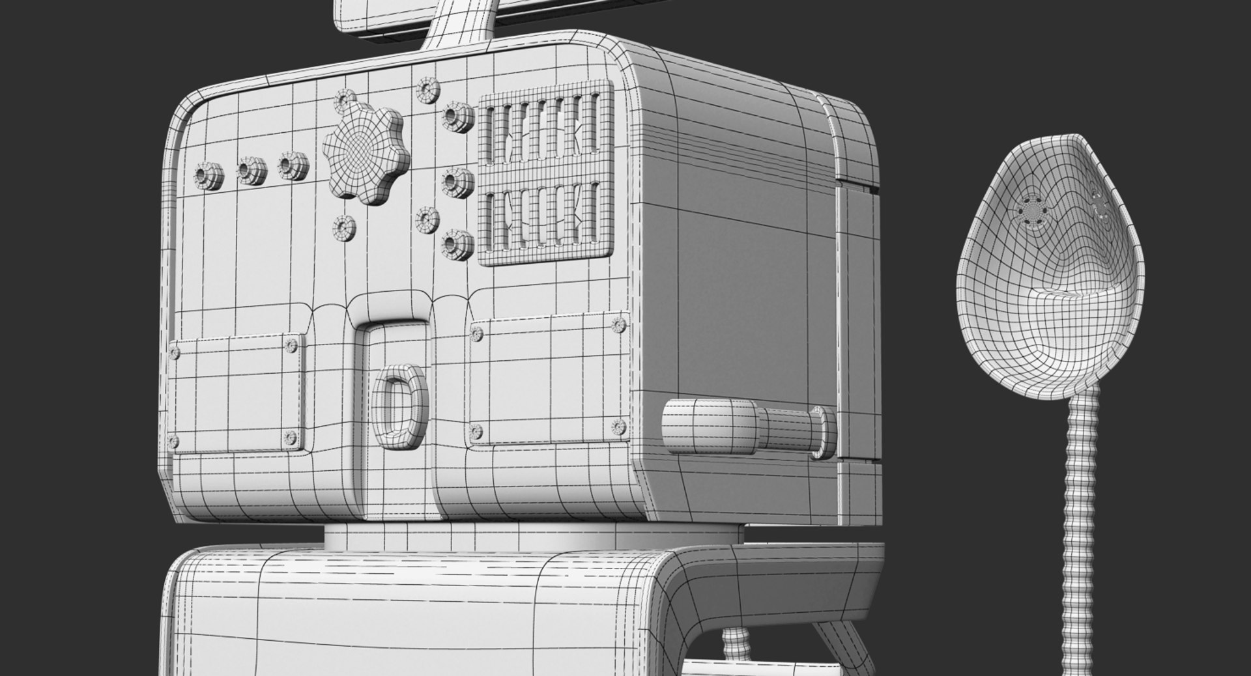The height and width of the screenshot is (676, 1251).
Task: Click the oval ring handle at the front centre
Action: [x=399, y=408]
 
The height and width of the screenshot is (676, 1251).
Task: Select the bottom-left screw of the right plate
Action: [x=476, y=430]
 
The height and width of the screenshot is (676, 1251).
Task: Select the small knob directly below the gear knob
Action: [x=343, y=227]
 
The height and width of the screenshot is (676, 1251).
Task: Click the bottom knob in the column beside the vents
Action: [x=453, y=244]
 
